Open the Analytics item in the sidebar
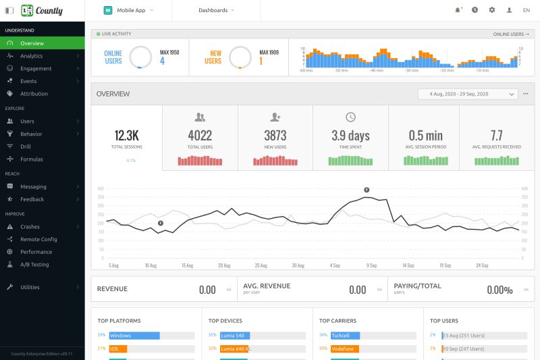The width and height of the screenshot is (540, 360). coord(31,56)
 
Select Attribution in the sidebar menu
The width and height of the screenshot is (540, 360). coord(34,94)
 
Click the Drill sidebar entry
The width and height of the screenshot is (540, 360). coord(26,147)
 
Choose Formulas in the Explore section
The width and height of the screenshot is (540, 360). coord(31,159)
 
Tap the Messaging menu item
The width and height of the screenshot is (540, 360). coord(33,186)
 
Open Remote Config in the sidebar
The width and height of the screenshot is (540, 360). coord(38,239)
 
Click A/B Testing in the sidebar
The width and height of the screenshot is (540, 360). coord(34,265)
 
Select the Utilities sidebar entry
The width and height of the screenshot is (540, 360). coord(30,287)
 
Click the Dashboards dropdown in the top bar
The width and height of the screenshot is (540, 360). coord(216,10)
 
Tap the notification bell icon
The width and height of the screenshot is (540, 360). coord(458,10)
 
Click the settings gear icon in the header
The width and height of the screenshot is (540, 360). coord(492,10)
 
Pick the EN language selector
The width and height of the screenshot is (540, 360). coord(526,10)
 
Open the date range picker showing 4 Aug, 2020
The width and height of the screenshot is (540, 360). coord(467,94)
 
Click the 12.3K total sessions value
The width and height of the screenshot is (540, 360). coord(127,135)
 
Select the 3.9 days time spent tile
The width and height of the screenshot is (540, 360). coord(350,135)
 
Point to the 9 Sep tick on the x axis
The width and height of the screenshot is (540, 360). coord(371,265)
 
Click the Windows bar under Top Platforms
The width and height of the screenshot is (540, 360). coord(133,335)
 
